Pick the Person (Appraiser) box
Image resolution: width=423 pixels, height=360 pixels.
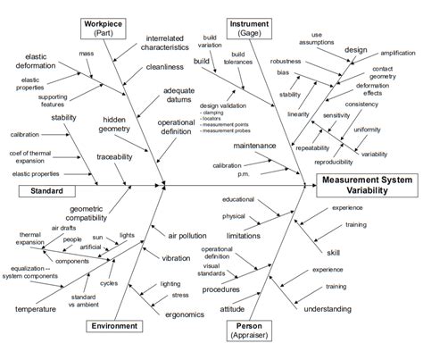[x=253, y=330]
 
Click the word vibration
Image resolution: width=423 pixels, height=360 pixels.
[x=177, y=257]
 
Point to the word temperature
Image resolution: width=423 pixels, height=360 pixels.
[x=34, y=308]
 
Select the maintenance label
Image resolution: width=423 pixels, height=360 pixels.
[x=255, y=145]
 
